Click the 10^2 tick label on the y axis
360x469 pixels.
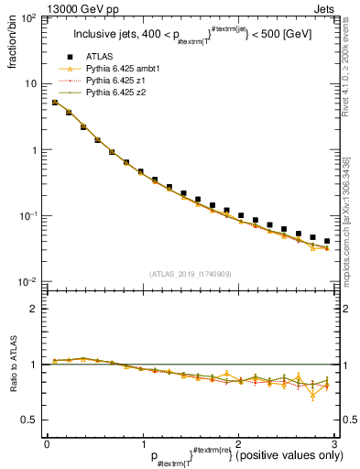coord(30,18)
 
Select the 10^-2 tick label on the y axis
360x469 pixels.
coord(30,281)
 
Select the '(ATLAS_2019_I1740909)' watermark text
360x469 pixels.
coord(190,274)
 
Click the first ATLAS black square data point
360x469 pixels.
coord(54,103)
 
